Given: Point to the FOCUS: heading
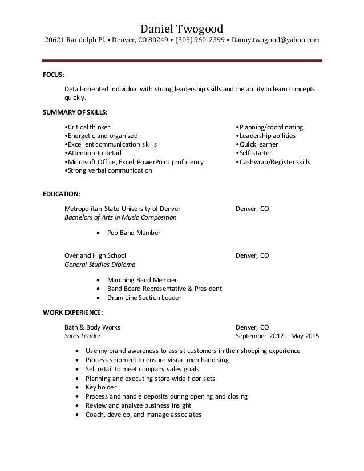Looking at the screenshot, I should click(54, 75).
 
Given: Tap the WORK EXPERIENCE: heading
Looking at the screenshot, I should click(73, 312).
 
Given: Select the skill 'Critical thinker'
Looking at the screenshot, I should click(88, 127).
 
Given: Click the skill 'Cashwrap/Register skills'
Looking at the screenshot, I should click(273, 162).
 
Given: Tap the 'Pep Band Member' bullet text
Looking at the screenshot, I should click(134, 233).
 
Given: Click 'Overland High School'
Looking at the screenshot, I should click(95, 255).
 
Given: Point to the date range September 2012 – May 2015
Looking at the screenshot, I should click(277, 336).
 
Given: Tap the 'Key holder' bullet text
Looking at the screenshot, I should click(101, 387).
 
